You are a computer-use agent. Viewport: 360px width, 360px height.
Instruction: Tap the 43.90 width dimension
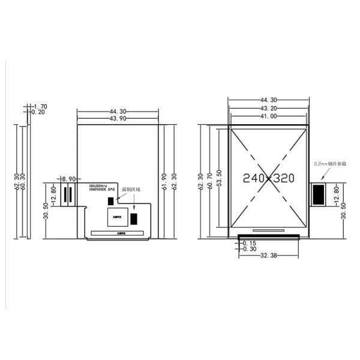118,119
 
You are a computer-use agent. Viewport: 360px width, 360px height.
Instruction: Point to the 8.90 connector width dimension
68,179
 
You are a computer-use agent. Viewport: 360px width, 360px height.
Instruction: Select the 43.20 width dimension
268,109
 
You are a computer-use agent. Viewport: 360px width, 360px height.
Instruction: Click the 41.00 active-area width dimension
268,116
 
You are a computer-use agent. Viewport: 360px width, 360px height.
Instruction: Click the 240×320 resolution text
268,178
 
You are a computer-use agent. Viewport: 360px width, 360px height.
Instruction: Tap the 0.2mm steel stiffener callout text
329,163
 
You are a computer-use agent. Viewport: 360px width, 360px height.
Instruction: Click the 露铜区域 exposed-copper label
131,190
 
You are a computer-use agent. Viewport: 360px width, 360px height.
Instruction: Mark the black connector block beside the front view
319,194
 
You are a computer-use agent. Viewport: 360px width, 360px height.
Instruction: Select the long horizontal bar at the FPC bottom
118,232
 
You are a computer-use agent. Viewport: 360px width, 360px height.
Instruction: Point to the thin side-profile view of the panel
28,181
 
